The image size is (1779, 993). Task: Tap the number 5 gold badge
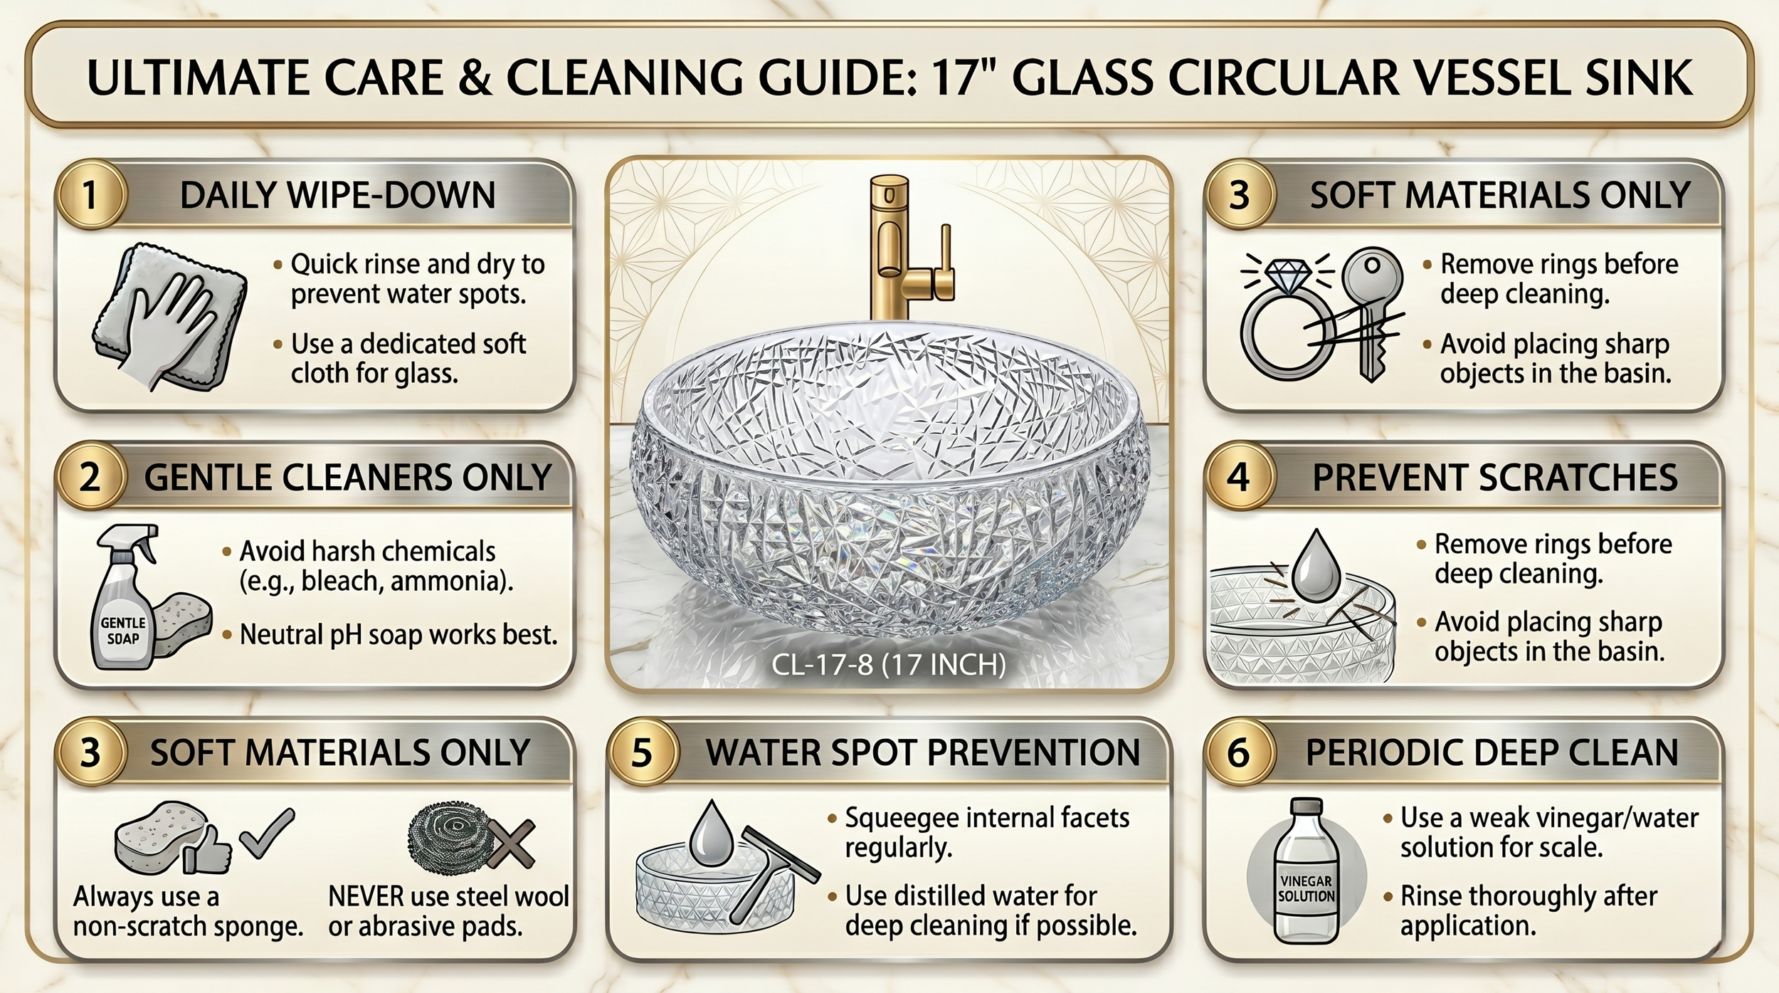click(642, 752)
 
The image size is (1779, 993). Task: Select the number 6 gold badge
click(1238, 752)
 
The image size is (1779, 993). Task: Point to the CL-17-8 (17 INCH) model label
click(889, 665)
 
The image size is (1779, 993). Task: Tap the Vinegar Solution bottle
click(1306, 871)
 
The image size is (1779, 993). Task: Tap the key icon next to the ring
click(1372, 313)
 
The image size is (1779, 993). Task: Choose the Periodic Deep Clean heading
click(1492, 753)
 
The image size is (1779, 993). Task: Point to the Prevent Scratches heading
click(1495, 478)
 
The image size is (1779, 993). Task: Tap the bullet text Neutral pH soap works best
click(398, 634)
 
